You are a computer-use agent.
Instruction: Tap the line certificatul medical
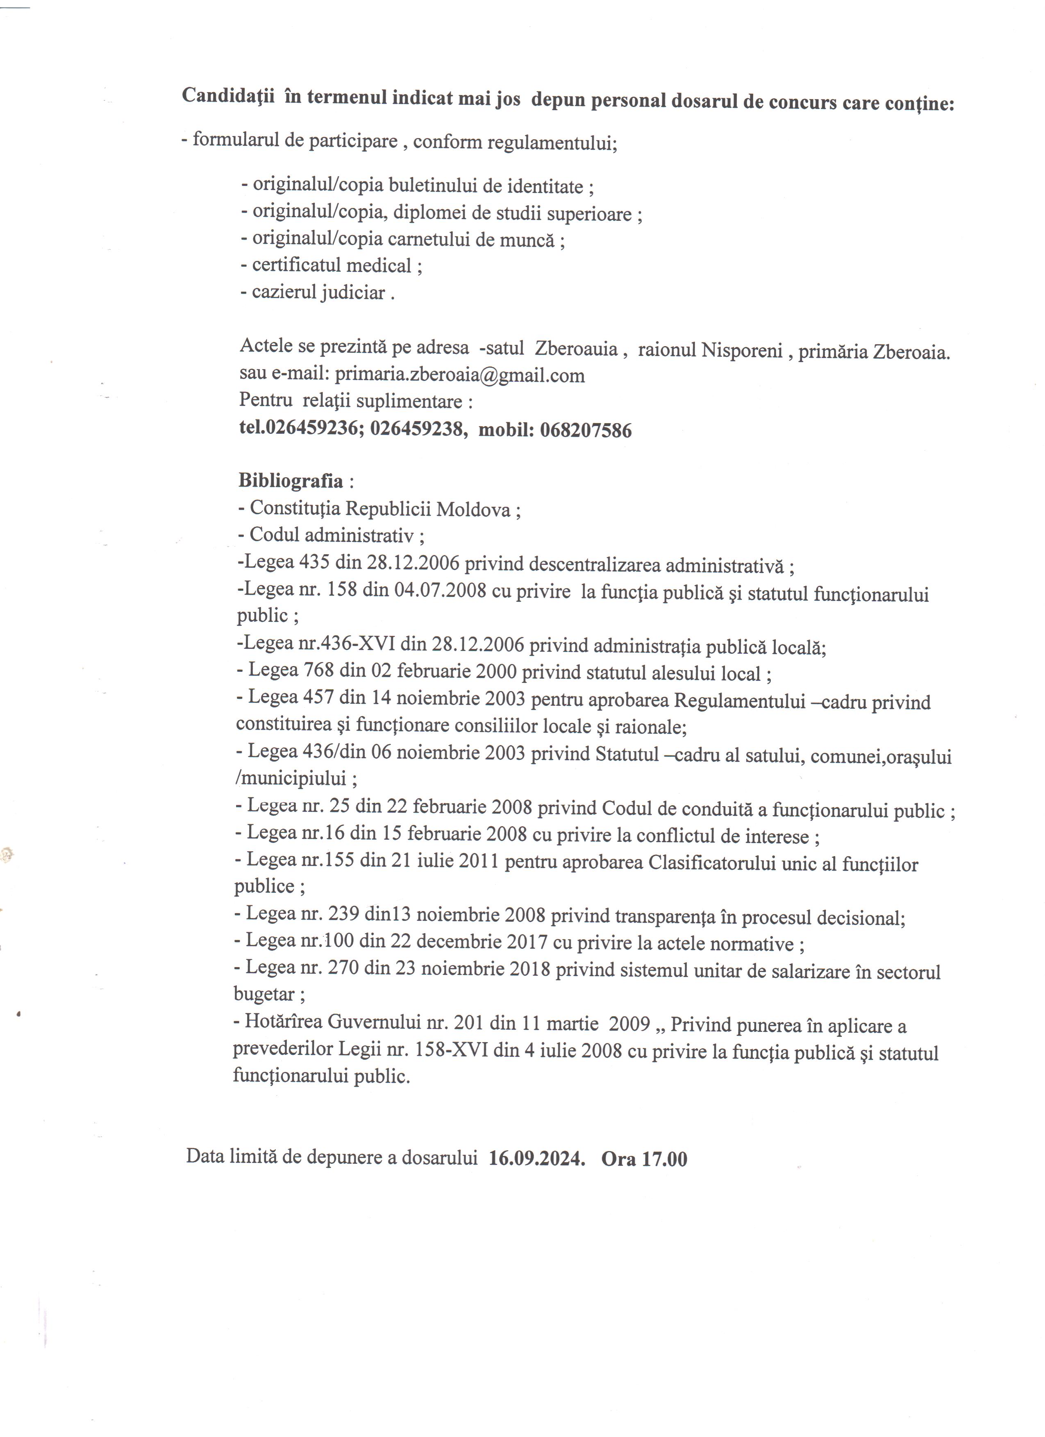point(332,265)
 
